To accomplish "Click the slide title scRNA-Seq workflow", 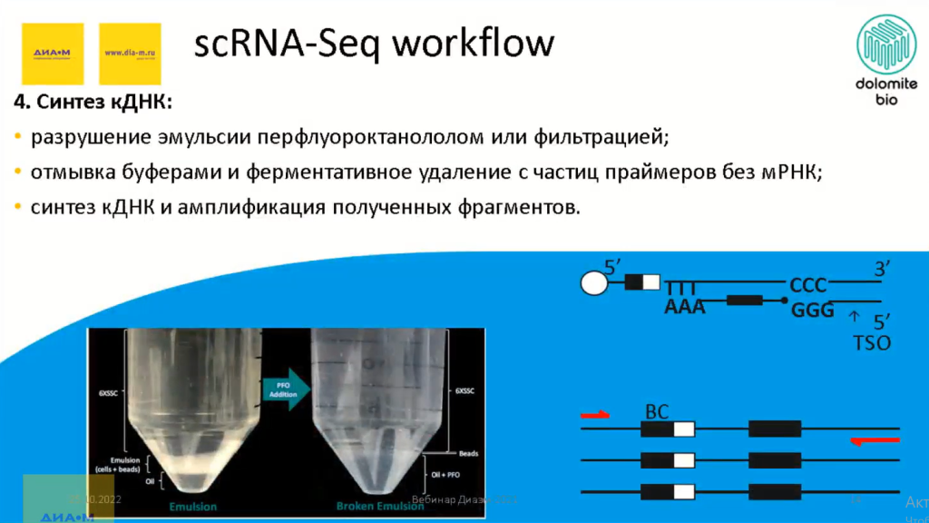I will click(x=373, y=43).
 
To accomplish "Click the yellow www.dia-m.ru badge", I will click(x=130, y=54).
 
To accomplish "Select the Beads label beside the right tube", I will click(x=468, y=453).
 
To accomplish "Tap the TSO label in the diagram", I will click(x=872, y=343).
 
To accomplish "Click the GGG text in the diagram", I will click(x=812, y=311).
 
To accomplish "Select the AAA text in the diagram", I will click(x=685, y=308).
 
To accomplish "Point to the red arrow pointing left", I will click(x=875, y=441).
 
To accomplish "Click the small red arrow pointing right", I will click(x=595, y=415).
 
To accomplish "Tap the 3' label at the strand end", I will click(x=885, y=269).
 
